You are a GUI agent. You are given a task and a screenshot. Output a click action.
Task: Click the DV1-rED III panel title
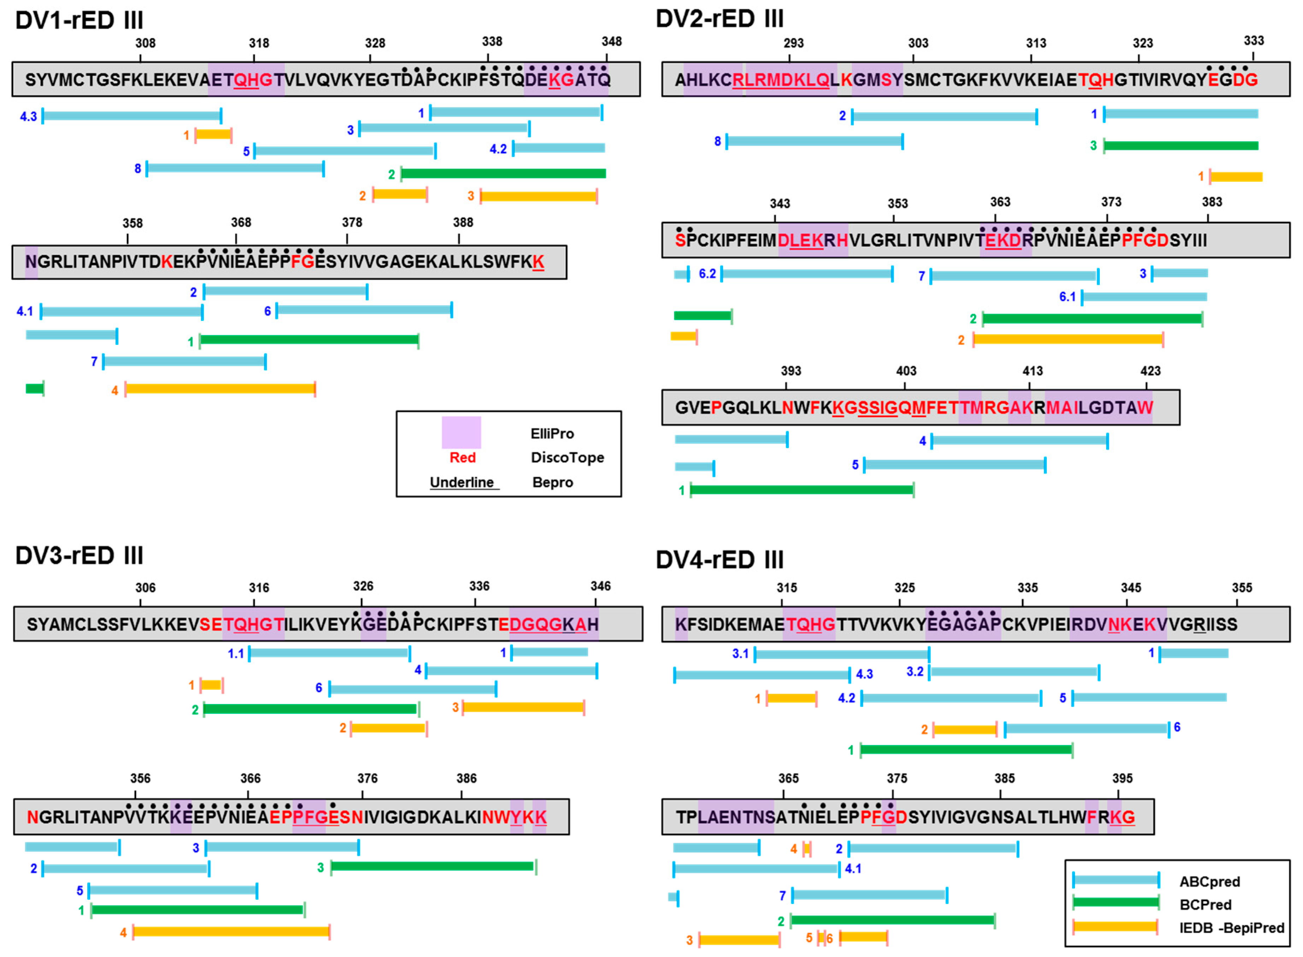tap(80, 21)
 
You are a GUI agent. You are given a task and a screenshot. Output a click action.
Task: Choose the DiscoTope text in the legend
tap(567, 458)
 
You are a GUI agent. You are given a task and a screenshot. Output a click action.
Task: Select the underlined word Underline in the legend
tap(462, 482)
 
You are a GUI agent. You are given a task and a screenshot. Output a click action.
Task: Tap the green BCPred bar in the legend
tap(1115, 903)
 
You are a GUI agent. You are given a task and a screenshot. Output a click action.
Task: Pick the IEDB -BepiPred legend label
tap(1232, 928)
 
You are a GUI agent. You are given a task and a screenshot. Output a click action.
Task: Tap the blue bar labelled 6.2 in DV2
tap(806, 274)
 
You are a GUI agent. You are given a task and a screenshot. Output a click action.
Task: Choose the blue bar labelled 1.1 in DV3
tap(329, 653)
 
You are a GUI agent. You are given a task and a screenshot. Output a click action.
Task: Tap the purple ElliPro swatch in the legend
tap(461, 432)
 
